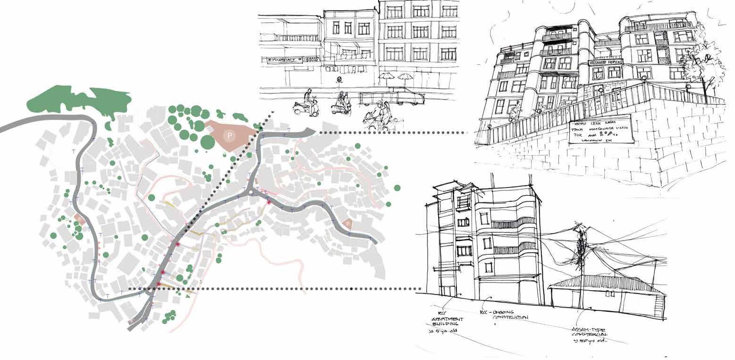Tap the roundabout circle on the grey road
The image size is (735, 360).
point(250,192)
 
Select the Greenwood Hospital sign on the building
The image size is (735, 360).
point(606,62)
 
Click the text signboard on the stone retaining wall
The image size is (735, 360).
point(599,129)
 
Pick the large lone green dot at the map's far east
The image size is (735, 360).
point(397,188)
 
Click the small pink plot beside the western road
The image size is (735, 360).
point(79,219)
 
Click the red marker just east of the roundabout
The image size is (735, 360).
point(269,202)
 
